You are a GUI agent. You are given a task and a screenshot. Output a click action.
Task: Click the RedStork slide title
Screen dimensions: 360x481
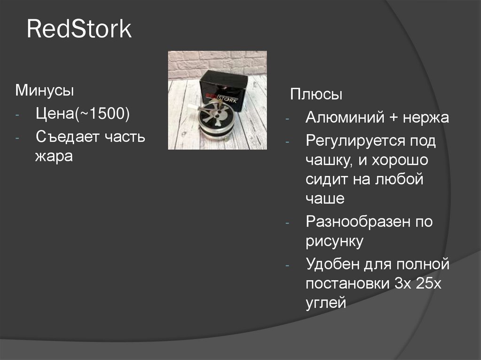pyautogui.click(x=79, y=29)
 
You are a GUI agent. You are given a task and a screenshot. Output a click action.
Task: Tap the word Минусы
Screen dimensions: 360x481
pyautogui.click(x=45, y=90)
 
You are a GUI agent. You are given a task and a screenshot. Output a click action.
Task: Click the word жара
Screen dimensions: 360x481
pyautogui.click(x=54, y=156)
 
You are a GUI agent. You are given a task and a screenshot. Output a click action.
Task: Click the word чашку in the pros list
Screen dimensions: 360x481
pyautogui.click(x=329, y=161)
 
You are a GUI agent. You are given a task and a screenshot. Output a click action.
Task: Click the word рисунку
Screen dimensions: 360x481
pyautogui.click(x=334, y=242)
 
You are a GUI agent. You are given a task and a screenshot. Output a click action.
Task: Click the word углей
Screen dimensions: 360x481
pyautogui.click(x=326, y=303)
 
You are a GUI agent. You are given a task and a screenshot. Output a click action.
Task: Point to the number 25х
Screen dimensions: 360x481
pyautogui.click(x=429, y=284)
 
